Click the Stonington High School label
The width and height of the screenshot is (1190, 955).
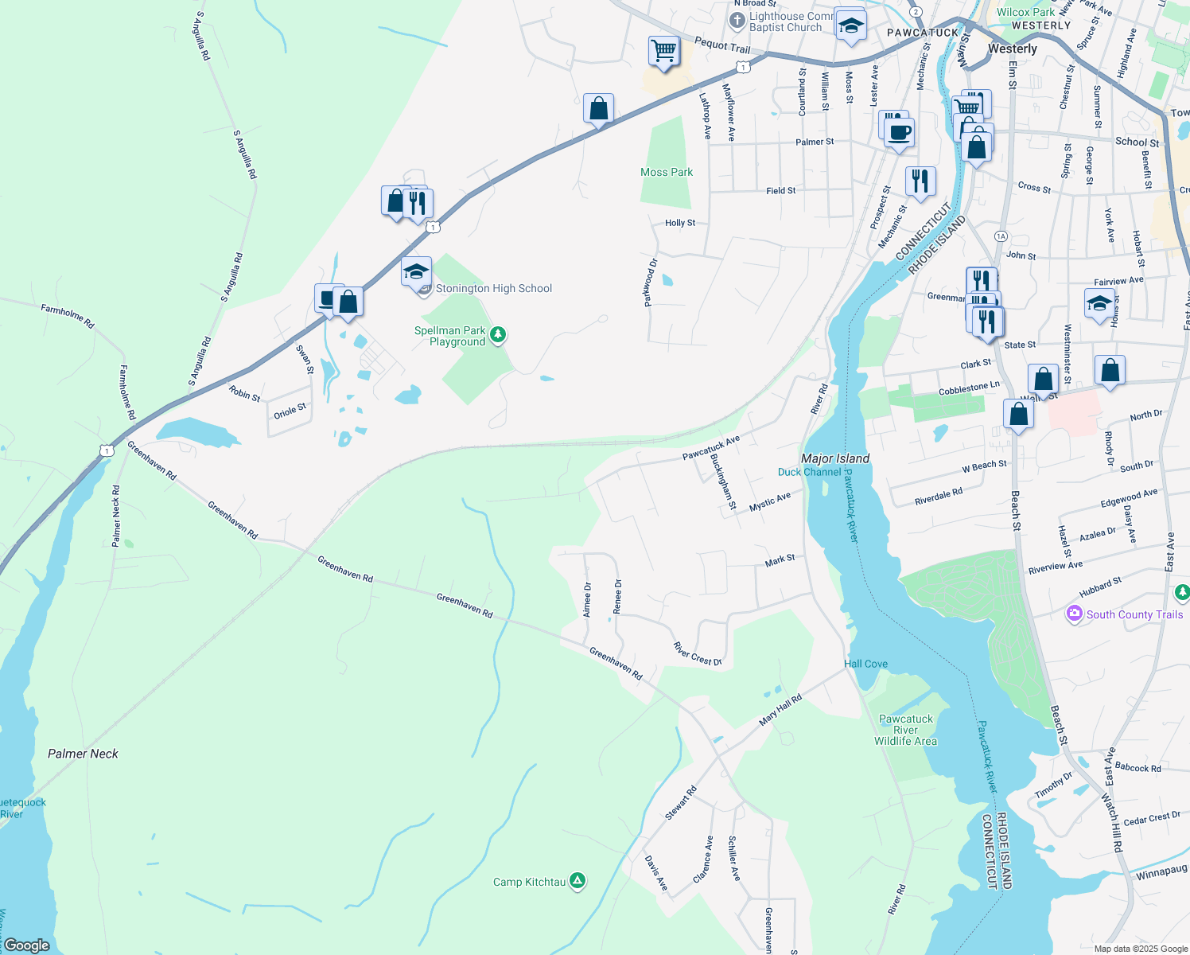click(493, 289)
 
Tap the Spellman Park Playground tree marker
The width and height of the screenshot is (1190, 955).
click(498, 334)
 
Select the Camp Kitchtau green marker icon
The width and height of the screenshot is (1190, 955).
click(578, 881)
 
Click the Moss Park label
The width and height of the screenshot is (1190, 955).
click(667, 172)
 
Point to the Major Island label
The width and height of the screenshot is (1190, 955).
click(835, 458)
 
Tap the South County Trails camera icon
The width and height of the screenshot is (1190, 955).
click(1075, 614)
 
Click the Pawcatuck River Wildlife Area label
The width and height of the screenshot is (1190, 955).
click(905, 730)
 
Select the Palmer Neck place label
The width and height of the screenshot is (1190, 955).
click(83, 754)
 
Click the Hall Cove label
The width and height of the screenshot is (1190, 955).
click(865, 664)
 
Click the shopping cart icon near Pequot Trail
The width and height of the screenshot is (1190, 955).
click(663, 51)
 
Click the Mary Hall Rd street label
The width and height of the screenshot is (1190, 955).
click(780, 710)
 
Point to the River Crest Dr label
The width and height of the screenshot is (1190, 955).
click(697, 654)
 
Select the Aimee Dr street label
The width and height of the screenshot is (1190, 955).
click(587, 600)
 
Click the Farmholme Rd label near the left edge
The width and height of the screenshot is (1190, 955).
click(68, 316)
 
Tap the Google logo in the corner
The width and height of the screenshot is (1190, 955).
click(27, 945)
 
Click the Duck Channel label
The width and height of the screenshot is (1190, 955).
click(809, 472)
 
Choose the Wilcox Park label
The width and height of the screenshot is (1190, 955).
click(1025, 12)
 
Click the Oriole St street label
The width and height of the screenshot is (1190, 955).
click(290, 411)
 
